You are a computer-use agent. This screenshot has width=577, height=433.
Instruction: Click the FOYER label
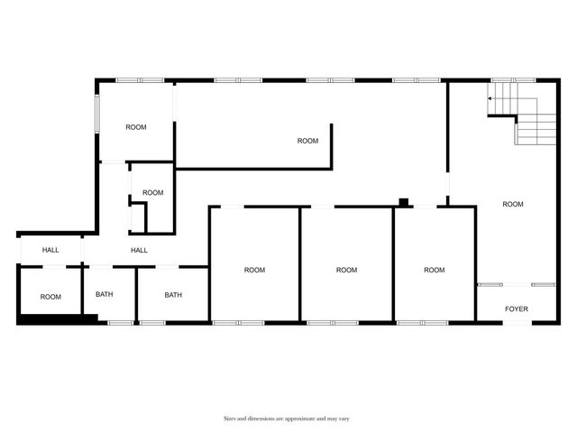517,309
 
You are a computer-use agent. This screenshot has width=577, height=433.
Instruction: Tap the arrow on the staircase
491,98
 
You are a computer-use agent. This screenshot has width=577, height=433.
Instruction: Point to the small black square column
404,202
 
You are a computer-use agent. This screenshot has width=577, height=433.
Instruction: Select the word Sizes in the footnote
232,419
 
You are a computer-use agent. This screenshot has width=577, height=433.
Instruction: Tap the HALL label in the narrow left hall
50,250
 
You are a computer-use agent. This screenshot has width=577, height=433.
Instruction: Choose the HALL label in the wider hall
139,250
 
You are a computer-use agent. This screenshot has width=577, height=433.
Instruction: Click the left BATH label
105,295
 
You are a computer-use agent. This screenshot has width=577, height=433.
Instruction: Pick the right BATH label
173,295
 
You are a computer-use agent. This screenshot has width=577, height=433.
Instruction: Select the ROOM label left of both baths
50,297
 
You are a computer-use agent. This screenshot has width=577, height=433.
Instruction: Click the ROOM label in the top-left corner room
136,127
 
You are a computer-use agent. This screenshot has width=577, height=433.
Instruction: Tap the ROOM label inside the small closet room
153,192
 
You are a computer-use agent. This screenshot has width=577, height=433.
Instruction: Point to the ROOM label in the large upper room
308,141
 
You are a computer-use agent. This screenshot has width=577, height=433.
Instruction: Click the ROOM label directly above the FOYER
513,204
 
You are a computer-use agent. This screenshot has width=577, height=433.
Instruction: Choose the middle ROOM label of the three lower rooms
346,270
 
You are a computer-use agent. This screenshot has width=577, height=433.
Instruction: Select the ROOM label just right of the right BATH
255,270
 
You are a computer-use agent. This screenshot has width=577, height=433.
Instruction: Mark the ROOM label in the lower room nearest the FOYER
435,270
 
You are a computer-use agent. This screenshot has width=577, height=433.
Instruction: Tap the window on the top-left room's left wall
97,112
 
